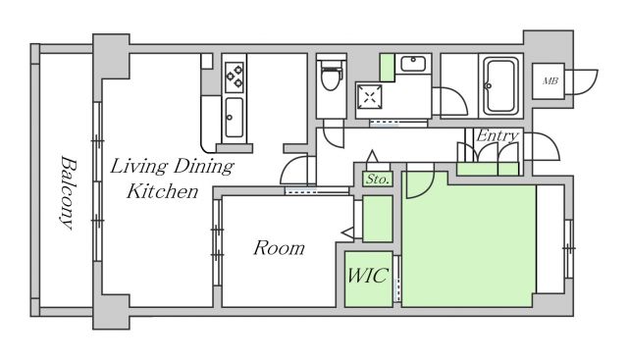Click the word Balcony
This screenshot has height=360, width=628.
69,192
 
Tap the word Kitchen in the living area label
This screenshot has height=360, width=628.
162,191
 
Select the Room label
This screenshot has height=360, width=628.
279,248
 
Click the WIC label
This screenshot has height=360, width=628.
368,275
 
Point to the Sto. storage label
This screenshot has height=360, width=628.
377,179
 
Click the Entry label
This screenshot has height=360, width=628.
497,136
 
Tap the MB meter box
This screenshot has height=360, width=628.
549,81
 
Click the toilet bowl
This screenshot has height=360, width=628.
331,76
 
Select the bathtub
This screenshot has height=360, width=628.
500,85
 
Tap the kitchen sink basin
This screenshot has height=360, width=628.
234,118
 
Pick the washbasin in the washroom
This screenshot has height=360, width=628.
413,64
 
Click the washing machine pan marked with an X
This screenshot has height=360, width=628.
369,97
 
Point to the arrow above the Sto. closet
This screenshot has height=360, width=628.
373,155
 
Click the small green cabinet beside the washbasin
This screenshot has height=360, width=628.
388,68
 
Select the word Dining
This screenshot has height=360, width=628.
204,167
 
